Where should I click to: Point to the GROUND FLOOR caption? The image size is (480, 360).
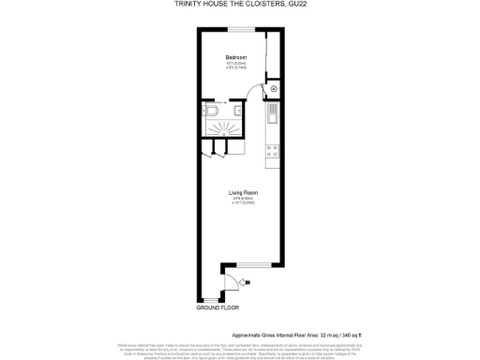(217, 307)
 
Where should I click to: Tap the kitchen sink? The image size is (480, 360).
(272, 116)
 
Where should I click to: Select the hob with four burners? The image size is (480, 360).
(271, 148)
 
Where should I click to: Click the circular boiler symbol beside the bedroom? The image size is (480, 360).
(274, 89)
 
